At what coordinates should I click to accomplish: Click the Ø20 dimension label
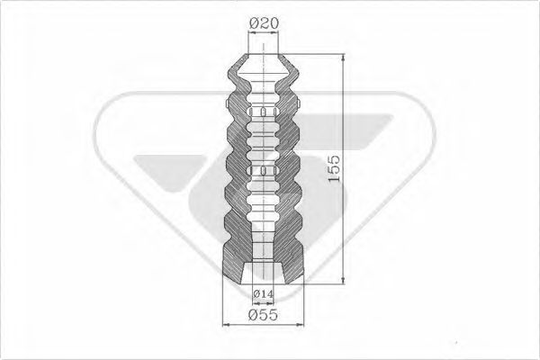[x=264, y=19]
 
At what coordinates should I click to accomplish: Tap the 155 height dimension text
[x=334, y=168]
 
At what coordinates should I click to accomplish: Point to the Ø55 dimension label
[x=263, y=316]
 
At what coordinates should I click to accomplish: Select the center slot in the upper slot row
[x=264, y=112]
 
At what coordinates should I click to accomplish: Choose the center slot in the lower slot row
[x=264, y=169]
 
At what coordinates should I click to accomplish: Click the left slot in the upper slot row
[x=249, y=112]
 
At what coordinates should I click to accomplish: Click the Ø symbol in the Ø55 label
[x=253, y=316]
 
